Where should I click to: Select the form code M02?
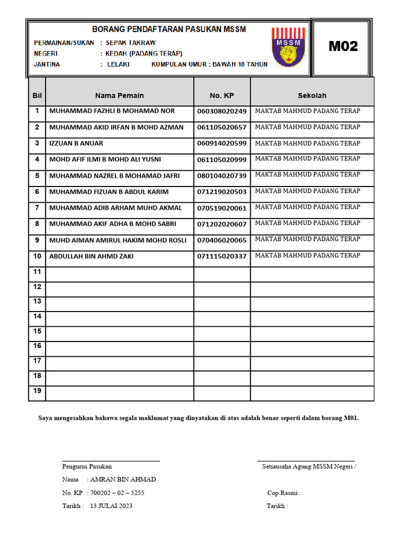click(x=343, y=46)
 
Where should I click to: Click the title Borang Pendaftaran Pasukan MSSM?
click(x=169, y=29)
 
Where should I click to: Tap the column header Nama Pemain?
click(x=119, y=95)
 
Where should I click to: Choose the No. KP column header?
click(x=221, y=95)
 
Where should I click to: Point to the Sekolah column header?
click(x=312, y=95)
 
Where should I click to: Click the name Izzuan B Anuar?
click(x=76, y=143)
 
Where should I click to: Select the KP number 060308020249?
click(x=221, y=111)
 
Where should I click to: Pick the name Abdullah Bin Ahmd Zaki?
click(x=91, y=256)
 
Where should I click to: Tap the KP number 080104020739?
click(x=221, y=175)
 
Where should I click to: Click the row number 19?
click(x=37, y=390)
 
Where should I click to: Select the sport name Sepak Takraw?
click(x=131, y=43)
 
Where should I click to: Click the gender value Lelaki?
click(x=118, y=65)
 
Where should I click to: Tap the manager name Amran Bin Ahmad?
click(x=123, y=479)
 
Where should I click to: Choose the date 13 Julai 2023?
click(x=111, y=506)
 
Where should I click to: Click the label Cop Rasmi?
click(x=283, y=493)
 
